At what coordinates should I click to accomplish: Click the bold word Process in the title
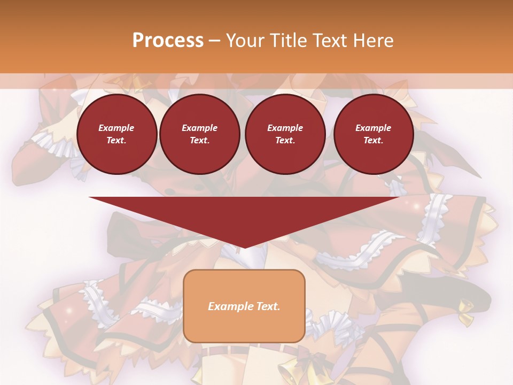click(168, 41)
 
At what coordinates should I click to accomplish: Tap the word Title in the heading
click(289, 41)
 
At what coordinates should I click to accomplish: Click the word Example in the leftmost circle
click(116, 128)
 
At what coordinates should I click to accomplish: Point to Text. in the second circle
click(200, 141)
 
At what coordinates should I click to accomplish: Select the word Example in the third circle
click(285, 128)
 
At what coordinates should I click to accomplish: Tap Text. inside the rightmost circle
click(374, 141)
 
